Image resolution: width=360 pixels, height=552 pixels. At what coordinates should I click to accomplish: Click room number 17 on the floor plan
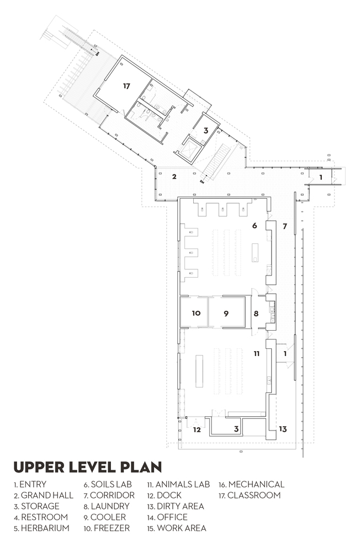pos(126,86)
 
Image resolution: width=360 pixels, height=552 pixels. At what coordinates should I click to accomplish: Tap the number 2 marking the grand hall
pos(174,177)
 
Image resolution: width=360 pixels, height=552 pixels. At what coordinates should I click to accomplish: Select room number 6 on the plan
pos(255,225)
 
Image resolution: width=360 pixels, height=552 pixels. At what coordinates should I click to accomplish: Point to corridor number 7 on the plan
pos(285,226)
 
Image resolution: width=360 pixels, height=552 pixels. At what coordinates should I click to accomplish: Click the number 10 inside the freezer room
pos(196,313)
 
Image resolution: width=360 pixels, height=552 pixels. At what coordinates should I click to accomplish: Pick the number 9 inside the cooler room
pos(226,313)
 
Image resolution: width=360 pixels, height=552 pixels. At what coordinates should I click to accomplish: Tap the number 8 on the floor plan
pos(256,314)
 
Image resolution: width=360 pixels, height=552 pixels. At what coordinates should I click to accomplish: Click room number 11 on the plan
pos(257,353)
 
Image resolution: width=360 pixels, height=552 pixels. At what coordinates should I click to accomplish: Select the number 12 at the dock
pos(197,429)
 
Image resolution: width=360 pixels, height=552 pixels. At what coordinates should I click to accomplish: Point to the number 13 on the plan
pos(283,429)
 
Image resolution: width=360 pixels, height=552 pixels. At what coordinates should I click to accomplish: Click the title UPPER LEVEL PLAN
pos(87,467)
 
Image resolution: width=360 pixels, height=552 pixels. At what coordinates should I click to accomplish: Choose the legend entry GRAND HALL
pos(43,495)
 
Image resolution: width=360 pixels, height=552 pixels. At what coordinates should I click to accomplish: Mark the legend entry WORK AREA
pos(177,528)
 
